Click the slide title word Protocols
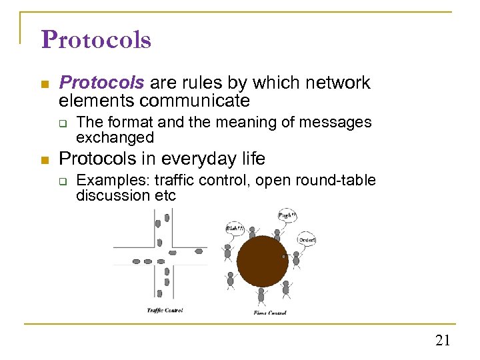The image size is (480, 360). [x=96, y=40]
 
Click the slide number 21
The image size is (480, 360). [x=443, y=341]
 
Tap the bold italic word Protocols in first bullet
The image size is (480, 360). [x=101, y=83]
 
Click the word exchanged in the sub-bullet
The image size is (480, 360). [x=115, y=138]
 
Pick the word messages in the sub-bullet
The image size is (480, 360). [x=336, y=123]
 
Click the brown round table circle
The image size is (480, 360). [x=263, y=261]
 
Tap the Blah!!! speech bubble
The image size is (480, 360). [x=235, y=229]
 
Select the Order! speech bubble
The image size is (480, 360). [x=307, y=239]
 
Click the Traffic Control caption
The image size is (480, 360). [x=165, y=310]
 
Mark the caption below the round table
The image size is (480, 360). [x=269, y=313]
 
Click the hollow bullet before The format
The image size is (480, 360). [x=64, y=123]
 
